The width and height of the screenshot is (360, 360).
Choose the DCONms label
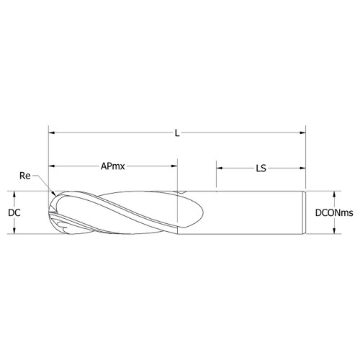(x=334, y=213)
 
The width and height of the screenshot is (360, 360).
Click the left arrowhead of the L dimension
(x=52, y=133)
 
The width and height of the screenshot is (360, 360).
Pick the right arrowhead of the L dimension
(x=302, y=133)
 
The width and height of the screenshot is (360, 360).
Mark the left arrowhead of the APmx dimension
(x=52, y=167)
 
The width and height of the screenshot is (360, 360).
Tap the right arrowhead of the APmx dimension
(x=174, y=167)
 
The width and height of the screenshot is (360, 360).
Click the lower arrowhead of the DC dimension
(x=14, y=232)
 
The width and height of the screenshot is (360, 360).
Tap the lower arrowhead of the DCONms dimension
(x=334, y=232)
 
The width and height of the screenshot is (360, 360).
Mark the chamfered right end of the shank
(x=306, y=213)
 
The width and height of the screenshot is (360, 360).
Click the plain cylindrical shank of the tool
(x=259, y=213)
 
